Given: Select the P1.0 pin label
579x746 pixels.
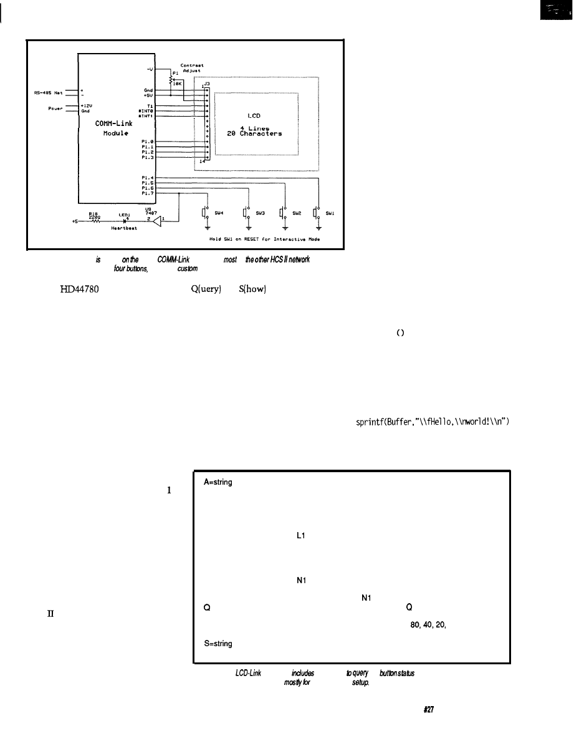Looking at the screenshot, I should click(x=148, y=142).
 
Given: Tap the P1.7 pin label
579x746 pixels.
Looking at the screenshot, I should click(x=148, y=193).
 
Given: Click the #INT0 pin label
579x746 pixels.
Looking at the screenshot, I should click(x=146, y=110).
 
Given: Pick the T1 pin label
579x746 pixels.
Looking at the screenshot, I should click(x=150, y=105).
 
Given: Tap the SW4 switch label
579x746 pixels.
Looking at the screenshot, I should click(x=219, y=213).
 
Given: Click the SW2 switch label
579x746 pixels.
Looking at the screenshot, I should click(x=296, y=213).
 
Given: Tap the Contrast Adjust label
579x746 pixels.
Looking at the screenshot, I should click(x=191, y=67).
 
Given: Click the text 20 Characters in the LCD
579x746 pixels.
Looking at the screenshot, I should click(x=254, y=133).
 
